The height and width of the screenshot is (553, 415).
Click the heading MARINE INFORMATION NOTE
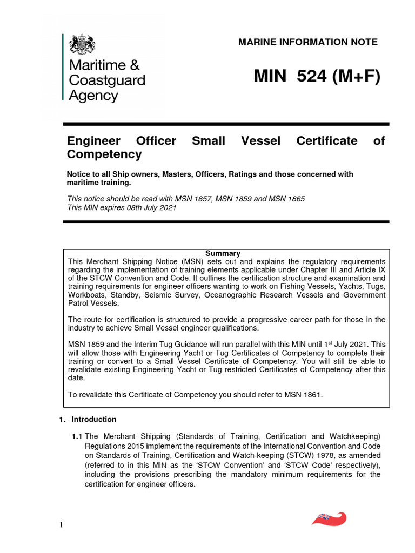(308, 42)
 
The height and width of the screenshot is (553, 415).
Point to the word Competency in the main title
(104, 154)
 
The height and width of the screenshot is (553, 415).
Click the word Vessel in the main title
(261, 141)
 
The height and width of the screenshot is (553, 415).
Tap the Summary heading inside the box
(223, 253)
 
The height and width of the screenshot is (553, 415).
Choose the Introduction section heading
(94, 419)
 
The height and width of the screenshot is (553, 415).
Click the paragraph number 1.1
(77, 436)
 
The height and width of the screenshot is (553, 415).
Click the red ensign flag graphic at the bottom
(329, 519)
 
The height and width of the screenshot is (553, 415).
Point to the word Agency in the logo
(93, 96)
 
